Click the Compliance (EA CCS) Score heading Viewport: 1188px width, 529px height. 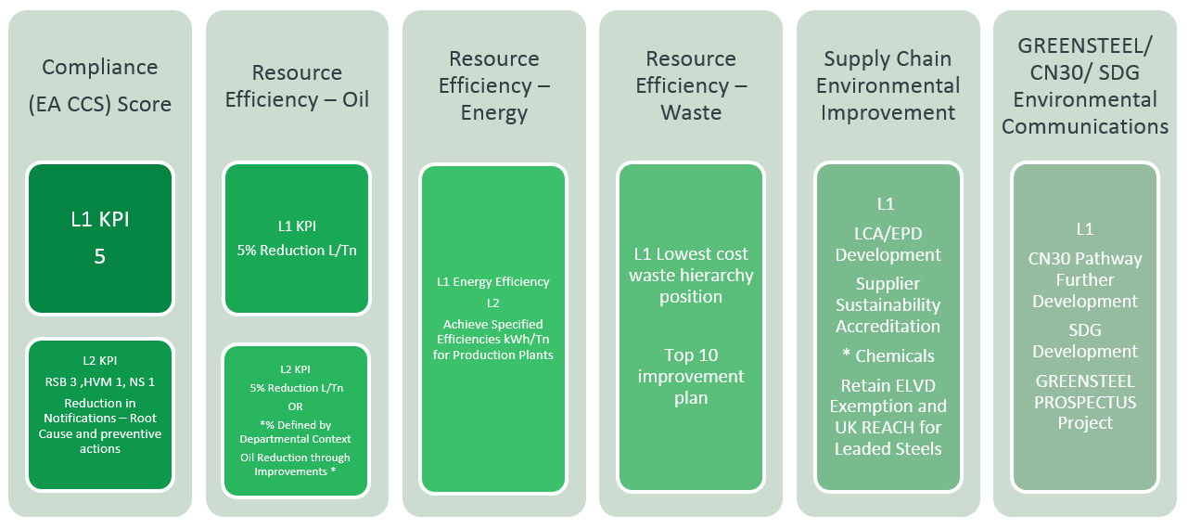pyautogui.click(x=100, y=85)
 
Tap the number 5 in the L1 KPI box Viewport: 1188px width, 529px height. pyautogui.click(x=100, y=257)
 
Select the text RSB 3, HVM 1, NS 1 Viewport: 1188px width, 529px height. pyautogui.click(x=100, y=382)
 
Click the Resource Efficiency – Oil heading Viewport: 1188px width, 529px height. pyautogui.click(x=297, y=86)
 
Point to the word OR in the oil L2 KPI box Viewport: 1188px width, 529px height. pyautogui.click(x=296, y=407)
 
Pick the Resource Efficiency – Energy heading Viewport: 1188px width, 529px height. pyautogui.click(x=493, y=86)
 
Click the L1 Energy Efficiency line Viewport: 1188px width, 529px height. pyautogui.click(x=492, y=282)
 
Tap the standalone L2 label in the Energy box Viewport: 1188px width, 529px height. pyautogui.click(x=492, y=303)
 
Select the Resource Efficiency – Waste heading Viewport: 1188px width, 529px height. pyautogui.click(x=691, y=86)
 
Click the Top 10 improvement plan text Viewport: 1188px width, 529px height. pyautogui.click(x=691, y=377)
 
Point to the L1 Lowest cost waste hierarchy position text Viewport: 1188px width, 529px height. pyautogui.click(x=691, y=276)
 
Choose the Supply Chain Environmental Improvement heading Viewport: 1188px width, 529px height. pyautogui.click(x=888, y=86)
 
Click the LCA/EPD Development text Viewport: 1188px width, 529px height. pyautogui.click(x=888, y=244)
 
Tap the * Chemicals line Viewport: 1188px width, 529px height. pyautogui.click(x=888, y=356)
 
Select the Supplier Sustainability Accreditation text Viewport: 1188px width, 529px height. pyautogui.click(x=888, y=305)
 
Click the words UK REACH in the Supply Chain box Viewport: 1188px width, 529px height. pyautogui.click(x=867, y=428)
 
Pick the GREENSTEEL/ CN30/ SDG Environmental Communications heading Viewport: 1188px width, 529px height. pyautogui.click(x=1084, y=86)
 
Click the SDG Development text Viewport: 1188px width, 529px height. pyautogui.click(x=1084, y=341)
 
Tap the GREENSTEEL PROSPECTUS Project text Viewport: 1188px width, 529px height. pyautogui.click(x=1084, y=402)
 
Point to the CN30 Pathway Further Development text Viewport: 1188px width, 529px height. pyautogui.click(x=1084, y=280)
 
